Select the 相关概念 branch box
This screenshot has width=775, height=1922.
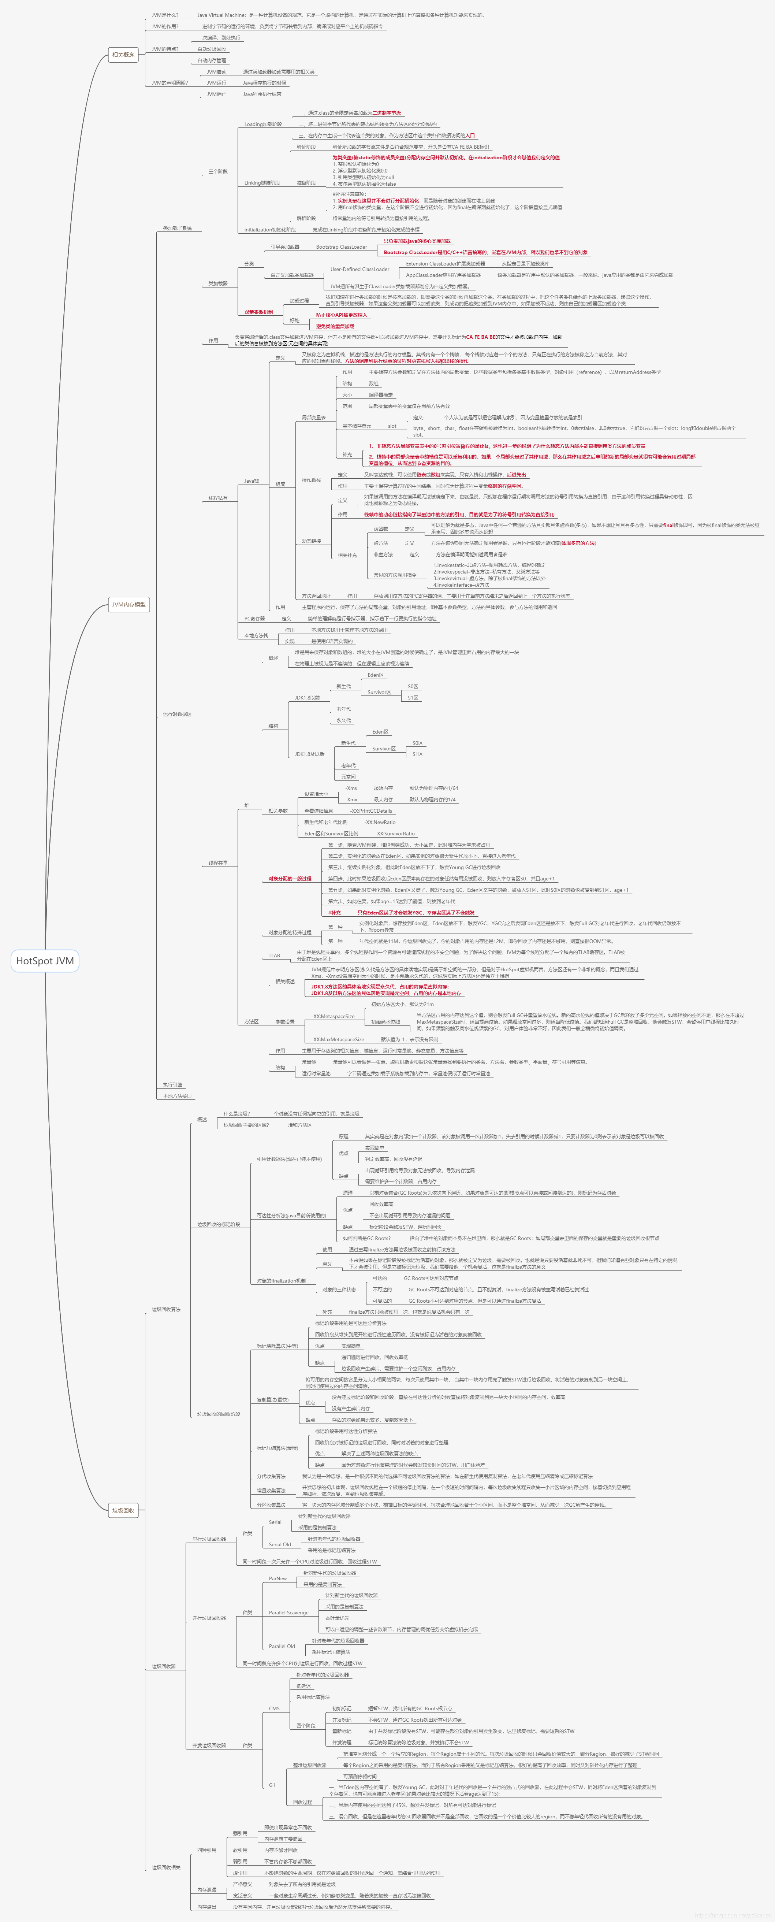123,55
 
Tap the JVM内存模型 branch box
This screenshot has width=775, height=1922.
128,604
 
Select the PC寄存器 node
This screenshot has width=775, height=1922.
254,619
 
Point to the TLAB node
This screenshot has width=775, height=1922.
275,955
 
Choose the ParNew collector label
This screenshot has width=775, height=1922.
277,1579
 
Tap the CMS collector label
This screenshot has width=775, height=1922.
275,1708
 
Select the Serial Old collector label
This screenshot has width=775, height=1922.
280,1544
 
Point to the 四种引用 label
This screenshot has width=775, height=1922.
206,1850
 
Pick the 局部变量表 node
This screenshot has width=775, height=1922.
313,418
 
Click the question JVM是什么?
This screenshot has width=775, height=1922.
165,15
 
